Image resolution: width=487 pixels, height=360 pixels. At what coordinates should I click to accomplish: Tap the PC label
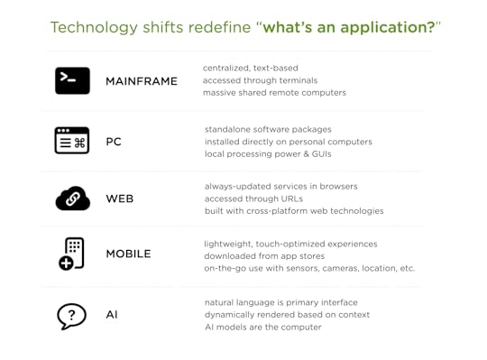click(x=114, y=142)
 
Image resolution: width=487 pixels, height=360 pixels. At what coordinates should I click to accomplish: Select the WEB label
click(x=120, y=198)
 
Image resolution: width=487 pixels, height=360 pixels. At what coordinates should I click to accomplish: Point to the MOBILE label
click(x=129, y=254)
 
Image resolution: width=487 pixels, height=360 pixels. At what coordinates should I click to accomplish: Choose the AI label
click(x=112, y=315)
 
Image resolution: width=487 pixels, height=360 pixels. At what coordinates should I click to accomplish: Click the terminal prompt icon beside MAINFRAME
click(x=72, y=80)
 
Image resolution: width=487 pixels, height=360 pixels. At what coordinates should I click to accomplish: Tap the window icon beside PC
click(x=72, y=141)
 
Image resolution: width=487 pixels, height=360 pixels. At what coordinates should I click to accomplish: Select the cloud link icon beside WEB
click(x=72, y=198)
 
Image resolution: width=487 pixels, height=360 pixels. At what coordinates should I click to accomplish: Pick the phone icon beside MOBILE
click(x=72, y=254)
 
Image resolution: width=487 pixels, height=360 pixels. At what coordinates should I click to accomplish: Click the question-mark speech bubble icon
click(x=72, y=315)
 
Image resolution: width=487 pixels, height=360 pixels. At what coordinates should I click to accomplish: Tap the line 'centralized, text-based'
click(x=250, y=68)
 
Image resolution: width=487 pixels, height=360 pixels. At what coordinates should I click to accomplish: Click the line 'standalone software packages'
click(x=268, y=129)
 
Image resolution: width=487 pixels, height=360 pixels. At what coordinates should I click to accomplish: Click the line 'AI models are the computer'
click(x=261, y=327)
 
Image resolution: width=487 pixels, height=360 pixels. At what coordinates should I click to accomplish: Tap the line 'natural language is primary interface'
click(x=280, y=301)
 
